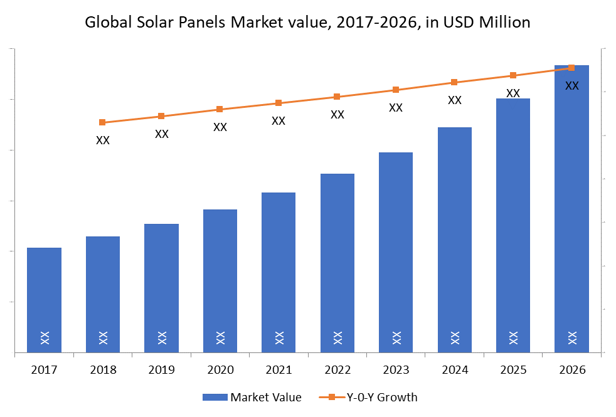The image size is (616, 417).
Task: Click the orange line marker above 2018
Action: pyautogui.click(x=102, y=122)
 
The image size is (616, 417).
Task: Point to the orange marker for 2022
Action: pyautogui.click(x=337, y=97)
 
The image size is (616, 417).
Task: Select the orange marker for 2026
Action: pyautogui.click(x=571, y=68)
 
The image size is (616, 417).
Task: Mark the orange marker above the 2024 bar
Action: pyautogui.click(x=454, y=82)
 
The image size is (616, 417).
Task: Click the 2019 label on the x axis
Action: pyautogui.click(x=161, y=370)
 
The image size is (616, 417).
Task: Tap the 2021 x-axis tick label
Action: pyautogui.click(x=279, y=370)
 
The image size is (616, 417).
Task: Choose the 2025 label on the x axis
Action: pyautogui.click(x=513, y=370)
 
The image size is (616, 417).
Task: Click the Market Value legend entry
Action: pyautogui.click(x=265, y=397)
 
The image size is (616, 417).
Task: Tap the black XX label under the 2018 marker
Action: pyautogui.click(x=103, y=140)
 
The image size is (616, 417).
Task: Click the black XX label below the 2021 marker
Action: pyautogui.click(x=279, y=120)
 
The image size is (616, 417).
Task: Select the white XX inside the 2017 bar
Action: pyautogui.click(x=44, y=337)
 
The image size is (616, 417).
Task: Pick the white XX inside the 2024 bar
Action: pyautogui.click(x=454, y=337)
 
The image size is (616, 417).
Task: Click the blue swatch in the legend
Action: pyautogui.click(x=215, y=397)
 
